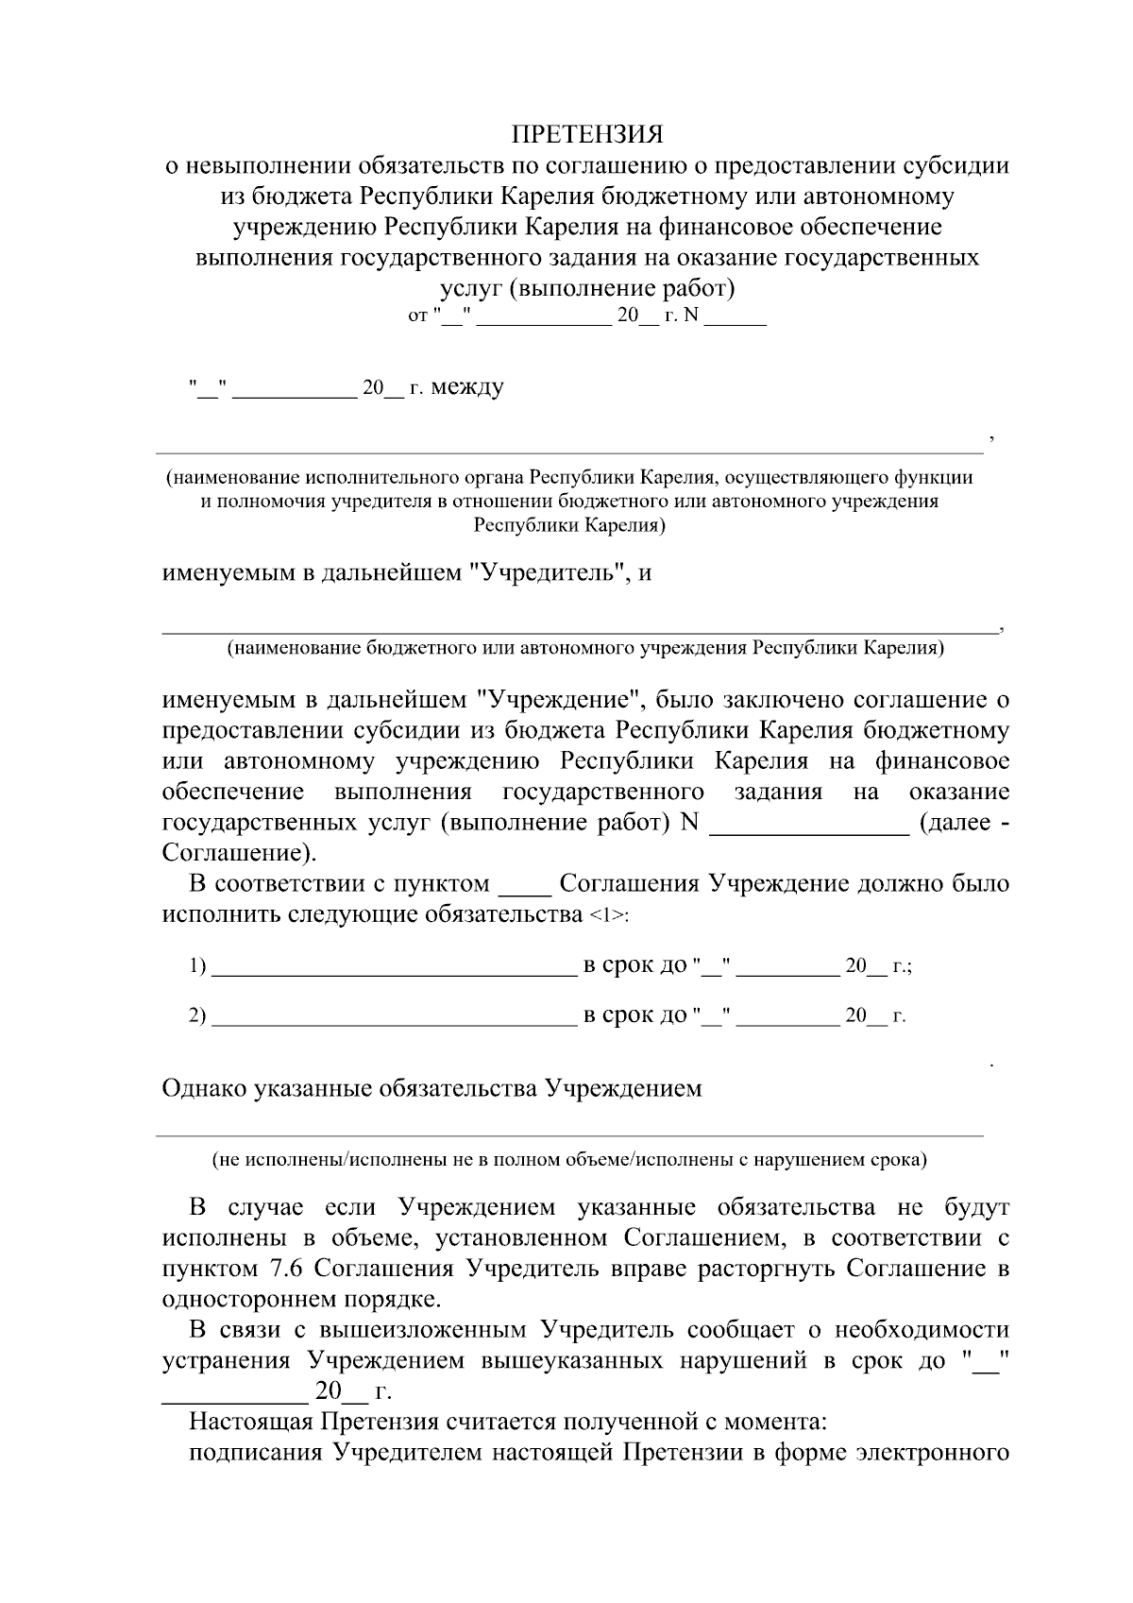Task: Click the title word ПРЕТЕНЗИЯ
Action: [587, 132]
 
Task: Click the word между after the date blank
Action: [467, 387]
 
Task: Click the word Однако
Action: [203, 1089]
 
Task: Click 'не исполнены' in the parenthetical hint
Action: [268, 1160]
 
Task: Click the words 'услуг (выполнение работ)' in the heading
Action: [587, 287]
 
